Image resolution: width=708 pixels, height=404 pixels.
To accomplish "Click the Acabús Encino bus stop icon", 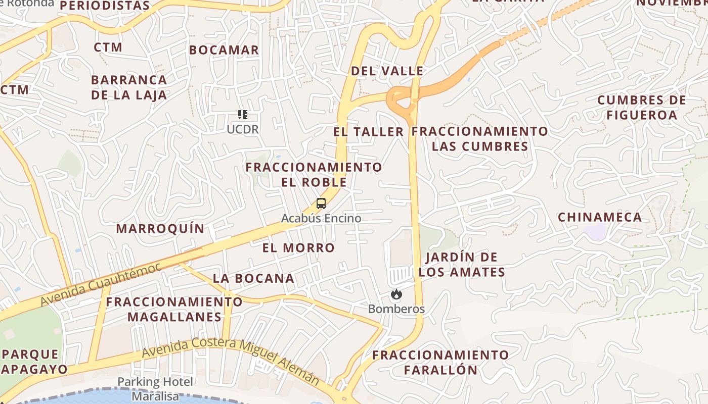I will [x=321, y=204].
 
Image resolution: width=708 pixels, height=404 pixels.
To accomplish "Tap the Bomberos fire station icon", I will [x=396, y=294].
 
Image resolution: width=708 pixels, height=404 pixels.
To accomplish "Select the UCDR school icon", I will [x=243, y=115].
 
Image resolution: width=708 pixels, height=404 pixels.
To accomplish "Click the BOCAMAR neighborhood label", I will [x=224, y=50].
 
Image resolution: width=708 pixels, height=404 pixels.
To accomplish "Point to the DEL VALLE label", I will [x=387, y=71].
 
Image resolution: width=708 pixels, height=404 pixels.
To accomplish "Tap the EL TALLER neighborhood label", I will [x=368, y=132].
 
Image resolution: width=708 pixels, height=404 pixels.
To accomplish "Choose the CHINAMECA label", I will [x=600, y=217].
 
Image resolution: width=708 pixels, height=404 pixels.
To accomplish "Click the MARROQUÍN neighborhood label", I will [x=160, y=229].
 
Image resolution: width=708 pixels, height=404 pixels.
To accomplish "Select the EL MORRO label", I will [x=298, y=248].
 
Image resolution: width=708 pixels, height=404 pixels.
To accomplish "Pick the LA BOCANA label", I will [x=253, y=278].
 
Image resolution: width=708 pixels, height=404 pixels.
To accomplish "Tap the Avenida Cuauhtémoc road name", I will [x=101, y=284].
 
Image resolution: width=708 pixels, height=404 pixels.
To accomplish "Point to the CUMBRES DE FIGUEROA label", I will [x=642, y=108].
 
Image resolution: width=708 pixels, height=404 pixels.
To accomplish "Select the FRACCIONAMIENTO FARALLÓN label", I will [x=440, y=362].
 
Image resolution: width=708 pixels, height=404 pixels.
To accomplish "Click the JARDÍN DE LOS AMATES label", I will [x=462, y=265].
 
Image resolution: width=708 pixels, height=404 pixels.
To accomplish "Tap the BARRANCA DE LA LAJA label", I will [x=129, y=87].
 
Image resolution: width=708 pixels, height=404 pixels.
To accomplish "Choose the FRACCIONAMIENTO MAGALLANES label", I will [x=174, y=310].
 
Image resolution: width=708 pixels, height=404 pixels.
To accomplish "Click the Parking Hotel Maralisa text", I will [x=155, y=389].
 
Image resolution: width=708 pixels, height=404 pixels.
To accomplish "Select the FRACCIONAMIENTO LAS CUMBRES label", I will [x=480, y=139].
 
